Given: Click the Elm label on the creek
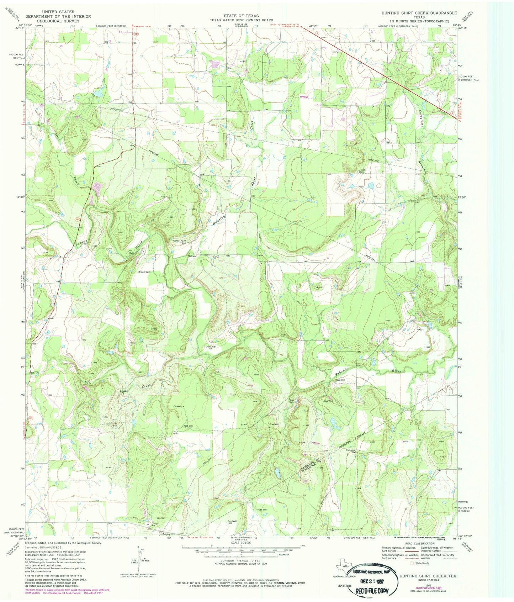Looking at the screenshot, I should click(88, 383).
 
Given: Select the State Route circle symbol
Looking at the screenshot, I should click(412, 563).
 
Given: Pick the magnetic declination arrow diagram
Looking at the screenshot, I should click(141, 559).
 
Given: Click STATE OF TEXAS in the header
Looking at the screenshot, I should click(241, 16).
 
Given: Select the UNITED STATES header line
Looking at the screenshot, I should click(58, 12).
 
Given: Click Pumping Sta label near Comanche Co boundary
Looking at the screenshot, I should click(352, 451).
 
